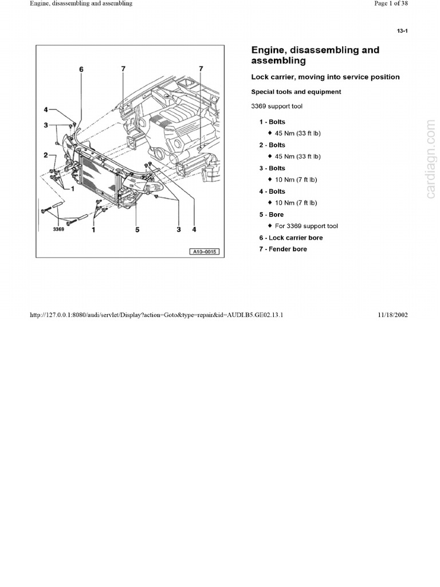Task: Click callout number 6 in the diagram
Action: (81, 69)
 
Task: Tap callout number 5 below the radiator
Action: (137, 230)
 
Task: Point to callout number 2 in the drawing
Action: (45, 155)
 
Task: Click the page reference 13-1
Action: (402, 31)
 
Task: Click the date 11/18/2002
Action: (393, 315)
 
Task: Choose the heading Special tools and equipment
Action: (296, 92)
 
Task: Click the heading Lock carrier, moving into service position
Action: (325, 77)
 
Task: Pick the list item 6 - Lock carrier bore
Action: (290, 237)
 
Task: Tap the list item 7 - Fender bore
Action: (282, 249)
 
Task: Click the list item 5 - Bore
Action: (271, 214)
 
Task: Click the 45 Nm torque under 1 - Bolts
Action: (297, 133)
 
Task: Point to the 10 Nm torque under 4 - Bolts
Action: (296, 202)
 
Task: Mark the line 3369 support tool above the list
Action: (277, 106)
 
